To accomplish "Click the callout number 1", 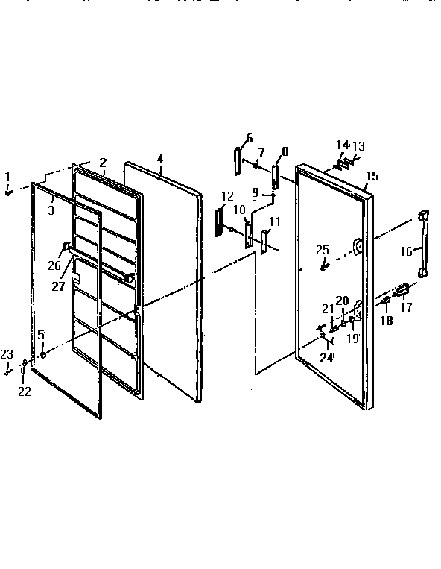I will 8,177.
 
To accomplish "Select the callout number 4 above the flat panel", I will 160,158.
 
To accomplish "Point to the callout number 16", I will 406,251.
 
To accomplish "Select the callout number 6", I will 249,137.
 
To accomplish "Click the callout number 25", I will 322,249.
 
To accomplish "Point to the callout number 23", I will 7,353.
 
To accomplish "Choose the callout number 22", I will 25,392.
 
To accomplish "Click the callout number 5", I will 41,335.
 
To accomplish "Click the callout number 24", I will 326,357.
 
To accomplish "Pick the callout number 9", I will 256,192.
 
